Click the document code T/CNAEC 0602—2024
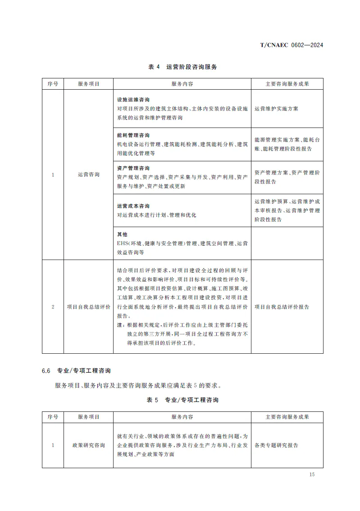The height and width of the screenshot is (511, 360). click(x=292, y=45)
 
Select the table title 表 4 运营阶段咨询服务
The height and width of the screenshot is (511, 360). click(x=182, y=67)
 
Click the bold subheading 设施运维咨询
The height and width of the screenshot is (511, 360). click(x=133, y=100)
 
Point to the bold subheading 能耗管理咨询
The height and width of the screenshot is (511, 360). click(x=133, y=135)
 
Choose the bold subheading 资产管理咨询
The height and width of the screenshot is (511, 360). click(x=133, y=168)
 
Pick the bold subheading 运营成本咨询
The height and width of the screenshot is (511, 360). click(x=133, y=206)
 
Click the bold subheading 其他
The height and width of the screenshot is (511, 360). click(x=122, y=234)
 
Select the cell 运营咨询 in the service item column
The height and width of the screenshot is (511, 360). click(x=88, y=175)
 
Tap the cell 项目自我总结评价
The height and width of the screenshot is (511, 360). click(x=88, y=307)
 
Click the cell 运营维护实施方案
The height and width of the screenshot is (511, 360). click(x=276, y=109)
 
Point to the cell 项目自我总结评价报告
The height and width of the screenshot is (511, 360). click(x=282, y=307)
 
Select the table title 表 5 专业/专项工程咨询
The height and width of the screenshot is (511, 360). click(x=182, y=400)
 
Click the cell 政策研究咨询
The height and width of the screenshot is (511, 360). click(x=88, y=445)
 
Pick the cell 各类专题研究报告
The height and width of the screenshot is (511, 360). click(x=276, y=445)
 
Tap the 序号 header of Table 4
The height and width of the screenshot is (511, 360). click(x=53, y=84)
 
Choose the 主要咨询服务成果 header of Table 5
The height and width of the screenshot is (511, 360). click(x=287, y=417)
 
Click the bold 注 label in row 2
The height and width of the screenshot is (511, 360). click(x=119, y=325)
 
